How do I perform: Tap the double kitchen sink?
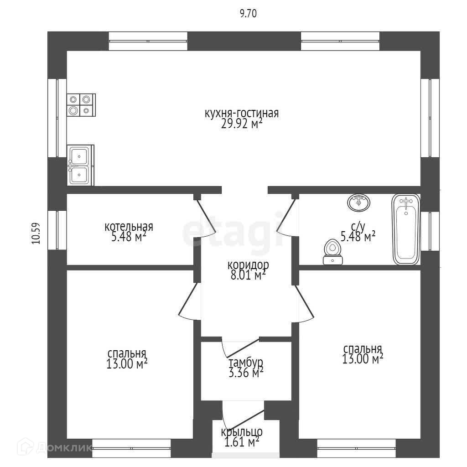coord(81,165)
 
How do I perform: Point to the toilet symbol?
coord(332,253)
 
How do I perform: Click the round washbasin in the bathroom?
coord(359,202)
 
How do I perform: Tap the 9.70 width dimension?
coord(249,14)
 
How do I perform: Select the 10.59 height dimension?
coord(36,233)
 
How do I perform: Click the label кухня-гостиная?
coord(241,113)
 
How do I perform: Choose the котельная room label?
coord(129,227)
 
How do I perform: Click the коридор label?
coord(248,265)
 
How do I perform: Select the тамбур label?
coord(246,363)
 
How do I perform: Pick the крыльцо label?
coord(242,432)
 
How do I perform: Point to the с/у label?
coord(358,226)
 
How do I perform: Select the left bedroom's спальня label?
coord(127,354)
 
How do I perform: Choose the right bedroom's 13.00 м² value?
coord(363,359)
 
